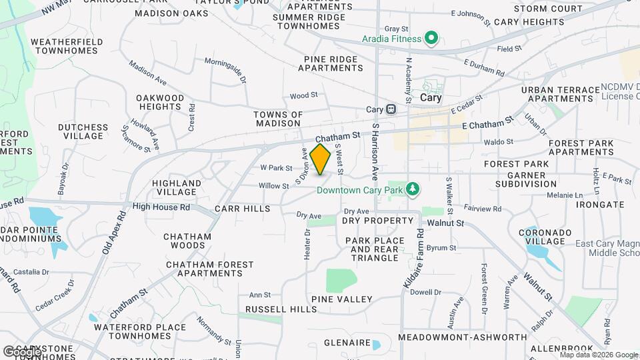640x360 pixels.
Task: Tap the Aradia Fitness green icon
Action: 431,39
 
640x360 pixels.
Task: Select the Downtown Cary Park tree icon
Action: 413,190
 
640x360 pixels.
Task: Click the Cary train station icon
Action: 391,109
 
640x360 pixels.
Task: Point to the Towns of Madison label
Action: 278,119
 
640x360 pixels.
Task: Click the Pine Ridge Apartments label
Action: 333,63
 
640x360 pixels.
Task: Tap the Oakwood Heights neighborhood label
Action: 160,102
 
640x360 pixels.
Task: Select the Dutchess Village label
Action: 83,131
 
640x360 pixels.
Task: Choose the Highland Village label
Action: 177,187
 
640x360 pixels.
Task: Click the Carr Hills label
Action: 243,209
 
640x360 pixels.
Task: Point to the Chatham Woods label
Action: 187,241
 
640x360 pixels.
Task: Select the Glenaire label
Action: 347,343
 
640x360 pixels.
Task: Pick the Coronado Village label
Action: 545,237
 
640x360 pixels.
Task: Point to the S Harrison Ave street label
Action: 376,151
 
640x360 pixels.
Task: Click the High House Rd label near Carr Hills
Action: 161,207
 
